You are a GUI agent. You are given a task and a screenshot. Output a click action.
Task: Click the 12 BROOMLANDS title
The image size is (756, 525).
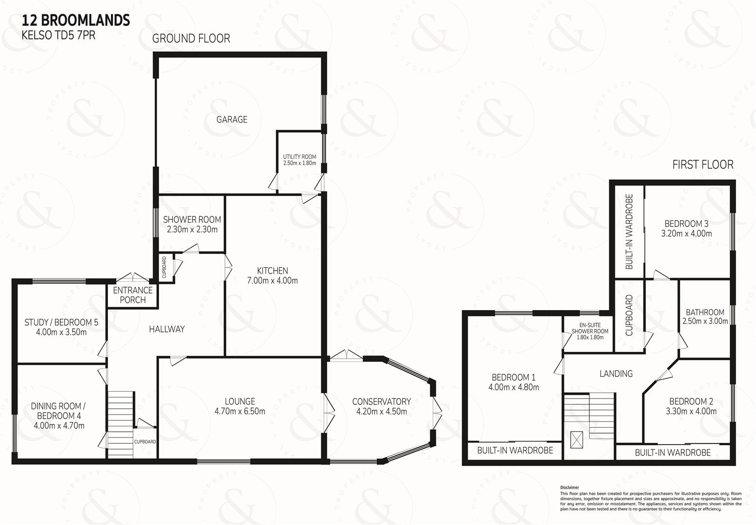(76, 20)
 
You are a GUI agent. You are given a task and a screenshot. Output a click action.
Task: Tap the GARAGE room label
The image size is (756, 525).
(232, 120)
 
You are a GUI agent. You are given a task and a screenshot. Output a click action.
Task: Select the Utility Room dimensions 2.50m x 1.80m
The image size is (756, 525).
(299, 163)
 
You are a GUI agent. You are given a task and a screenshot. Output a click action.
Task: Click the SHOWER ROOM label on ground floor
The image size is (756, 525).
(192, 220)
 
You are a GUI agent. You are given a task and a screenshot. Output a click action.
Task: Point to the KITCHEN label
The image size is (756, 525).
(272, 271)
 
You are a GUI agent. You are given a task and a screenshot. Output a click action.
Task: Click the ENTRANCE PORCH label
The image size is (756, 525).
(133, 295)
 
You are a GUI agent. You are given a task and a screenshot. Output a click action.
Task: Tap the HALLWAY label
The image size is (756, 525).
(167, 329)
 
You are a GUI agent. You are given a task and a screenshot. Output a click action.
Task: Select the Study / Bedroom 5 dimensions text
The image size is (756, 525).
(61, 332)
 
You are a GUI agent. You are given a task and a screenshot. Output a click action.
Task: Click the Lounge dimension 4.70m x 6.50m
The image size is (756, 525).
(240, 411)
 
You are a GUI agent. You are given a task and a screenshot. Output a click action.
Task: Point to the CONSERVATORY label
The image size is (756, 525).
(381, 402)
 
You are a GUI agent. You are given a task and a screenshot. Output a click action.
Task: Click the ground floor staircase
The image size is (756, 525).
(121, 424)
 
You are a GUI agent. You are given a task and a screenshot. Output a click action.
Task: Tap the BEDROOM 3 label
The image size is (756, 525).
(686, 224)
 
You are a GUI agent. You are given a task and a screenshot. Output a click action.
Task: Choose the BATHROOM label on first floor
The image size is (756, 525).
(705, 312)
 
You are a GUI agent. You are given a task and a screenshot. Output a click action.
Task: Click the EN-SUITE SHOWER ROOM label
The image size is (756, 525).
(590, 328)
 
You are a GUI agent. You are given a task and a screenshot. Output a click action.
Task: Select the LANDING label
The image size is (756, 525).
(616, 373)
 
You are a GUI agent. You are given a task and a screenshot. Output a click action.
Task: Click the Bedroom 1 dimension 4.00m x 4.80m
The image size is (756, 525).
(514, 387)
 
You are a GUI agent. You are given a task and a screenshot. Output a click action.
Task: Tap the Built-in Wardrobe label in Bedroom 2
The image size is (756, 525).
(673, 453)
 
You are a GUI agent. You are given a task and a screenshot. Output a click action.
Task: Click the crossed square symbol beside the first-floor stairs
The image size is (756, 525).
(577, 440)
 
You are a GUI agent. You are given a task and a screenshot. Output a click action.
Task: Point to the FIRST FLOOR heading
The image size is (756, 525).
(703, 165)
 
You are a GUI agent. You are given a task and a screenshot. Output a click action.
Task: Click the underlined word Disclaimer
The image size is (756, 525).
(569, 487)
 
